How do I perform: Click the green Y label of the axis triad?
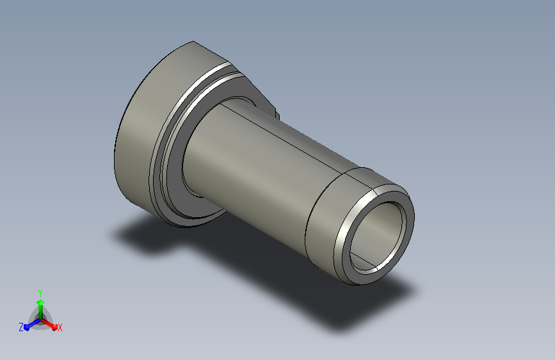tap(40, 293)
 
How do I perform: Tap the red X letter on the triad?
tap(60, 327)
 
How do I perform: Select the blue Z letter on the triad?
tap(21, 327)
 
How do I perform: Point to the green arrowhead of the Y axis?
tap(40, 302)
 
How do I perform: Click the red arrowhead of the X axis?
tap(54, 326)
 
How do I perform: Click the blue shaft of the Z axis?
tap(35, 322)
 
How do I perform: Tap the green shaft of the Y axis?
tap(41, 312)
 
